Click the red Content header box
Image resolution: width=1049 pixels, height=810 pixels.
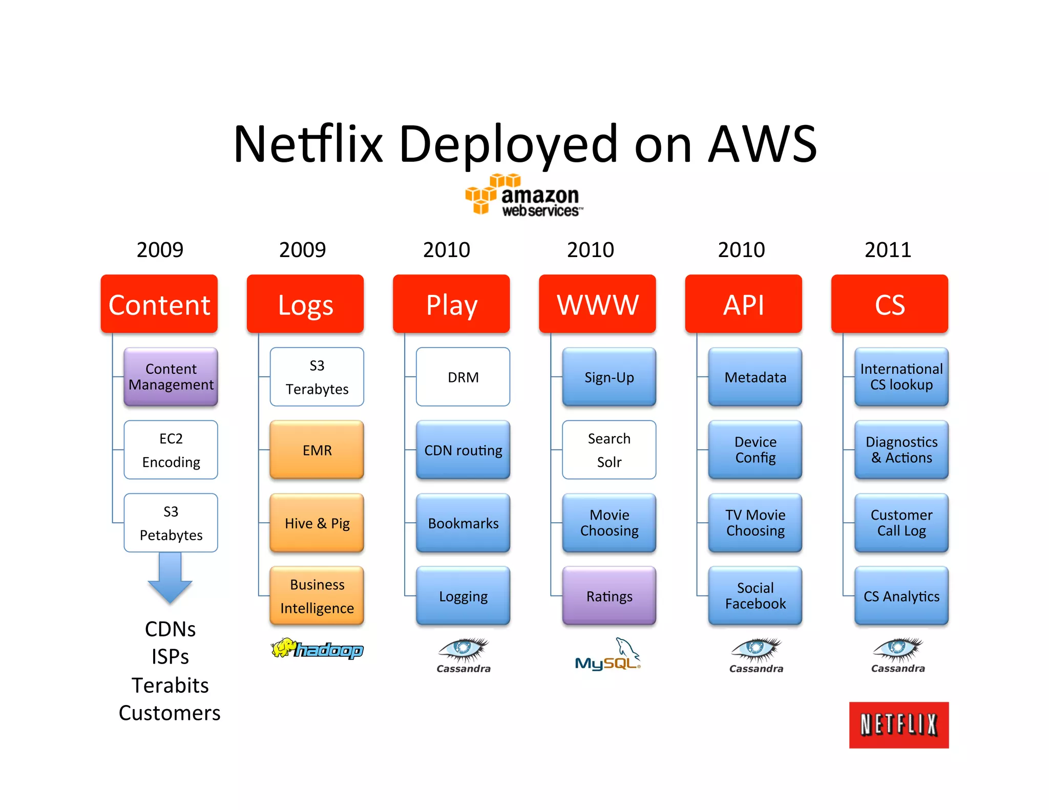[159, 304]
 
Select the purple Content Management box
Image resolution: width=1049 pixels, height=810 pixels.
[171, 377]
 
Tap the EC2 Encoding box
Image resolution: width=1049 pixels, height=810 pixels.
[171, 450]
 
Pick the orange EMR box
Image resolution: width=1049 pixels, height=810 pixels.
[317, 450]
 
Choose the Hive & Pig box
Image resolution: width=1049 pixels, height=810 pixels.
[317, 523]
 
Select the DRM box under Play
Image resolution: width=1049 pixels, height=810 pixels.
[463, 377]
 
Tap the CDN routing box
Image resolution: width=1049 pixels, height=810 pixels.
[463, 450]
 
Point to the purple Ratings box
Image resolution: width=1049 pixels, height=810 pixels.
[609, 596]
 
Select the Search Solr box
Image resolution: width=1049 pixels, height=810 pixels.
[609, 450]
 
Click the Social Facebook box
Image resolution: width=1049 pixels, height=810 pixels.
[755, 596]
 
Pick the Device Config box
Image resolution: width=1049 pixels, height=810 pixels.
[755, 450]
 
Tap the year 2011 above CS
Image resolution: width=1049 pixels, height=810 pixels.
[888, 250]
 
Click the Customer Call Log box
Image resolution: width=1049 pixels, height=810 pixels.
[901, 523]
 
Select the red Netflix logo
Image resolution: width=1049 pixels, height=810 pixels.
[898, 725]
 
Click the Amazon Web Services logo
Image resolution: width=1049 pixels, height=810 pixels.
[524, 196]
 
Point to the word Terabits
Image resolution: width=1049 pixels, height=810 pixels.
[170, 685]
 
